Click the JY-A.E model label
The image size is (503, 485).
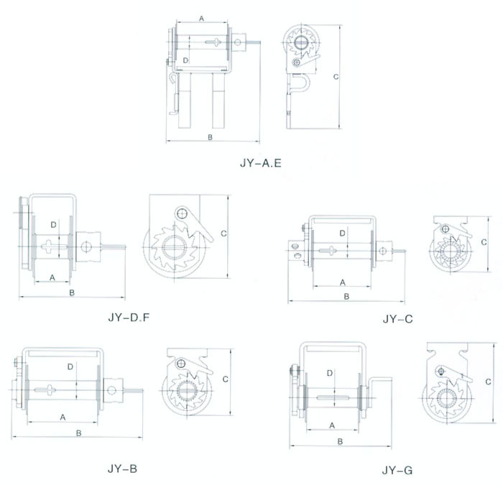click(260, 163)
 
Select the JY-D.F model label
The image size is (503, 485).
click(129, 318)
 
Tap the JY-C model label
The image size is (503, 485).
click(397, 319)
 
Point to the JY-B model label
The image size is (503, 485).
click(122, 468)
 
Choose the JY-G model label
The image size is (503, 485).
click(397, 471)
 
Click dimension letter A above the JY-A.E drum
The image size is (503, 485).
click(201, 19)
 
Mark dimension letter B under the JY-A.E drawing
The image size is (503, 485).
click(210, 137)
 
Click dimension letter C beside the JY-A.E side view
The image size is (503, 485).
click(336, 77)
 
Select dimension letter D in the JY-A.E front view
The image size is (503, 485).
click(185, 60)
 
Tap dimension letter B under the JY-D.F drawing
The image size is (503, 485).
click(72, 292)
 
